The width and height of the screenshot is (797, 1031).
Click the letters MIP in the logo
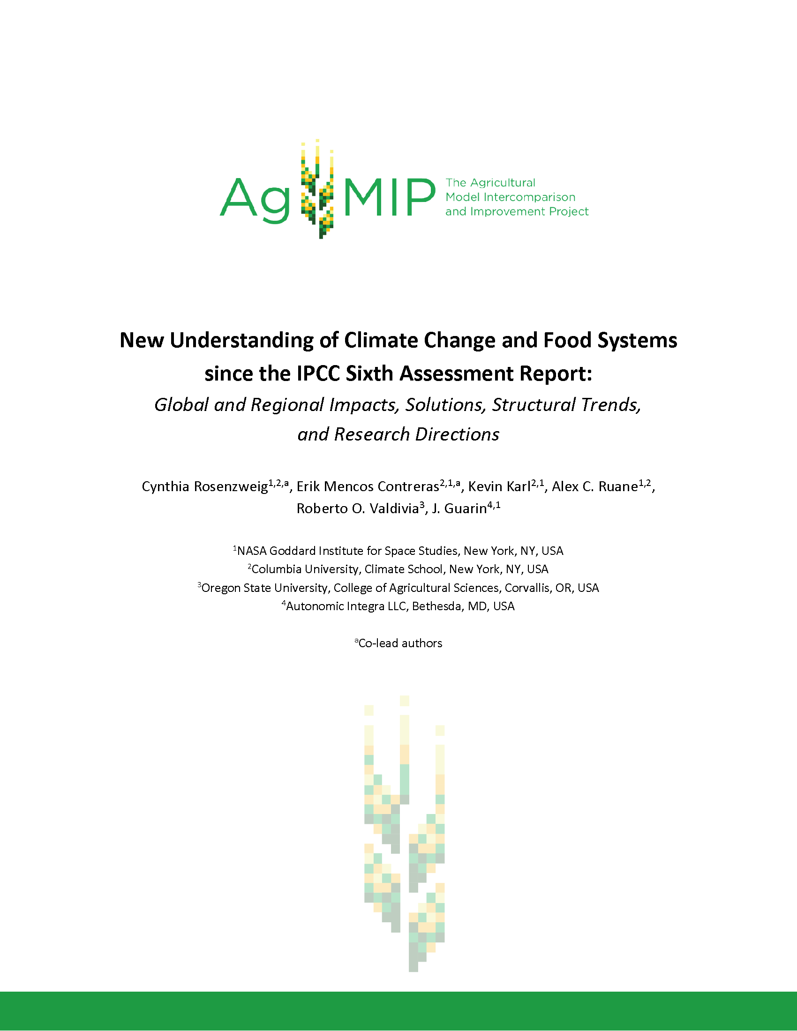pos(390,197)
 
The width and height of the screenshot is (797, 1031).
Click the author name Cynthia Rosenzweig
pos(205,487)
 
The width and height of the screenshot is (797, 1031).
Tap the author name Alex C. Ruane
pos(594,487)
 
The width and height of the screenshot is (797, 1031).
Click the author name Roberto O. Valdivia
pos(357,508)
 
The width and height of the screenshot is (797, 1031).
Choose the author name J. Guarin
pos(459,508)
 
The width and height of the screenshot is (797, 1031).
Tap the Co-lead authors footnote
pos(400,643)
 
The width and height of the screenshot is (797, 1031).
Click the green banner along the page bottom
pos(398,1011)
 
